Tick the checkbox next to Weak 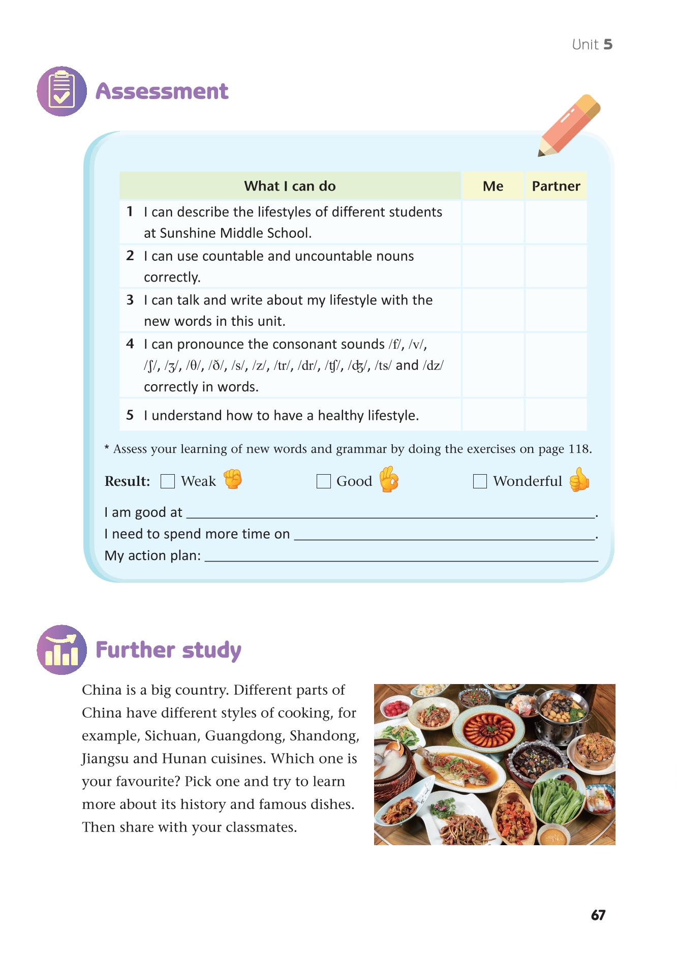(168, 481)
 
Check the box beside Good (323, 481)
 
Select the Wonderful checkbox (480, 481)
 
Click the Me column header (493, 186)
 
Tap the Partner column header (556, 186)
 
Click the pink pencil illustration (570, 125)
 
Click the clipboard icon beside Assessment (61, 91)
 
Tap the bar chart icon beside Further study (61, 650)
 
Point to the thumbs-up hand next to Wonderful (579, 480)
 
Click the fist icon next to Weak (233, 479)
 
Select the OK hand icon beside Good (389, 479)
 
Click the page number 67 (598, 915)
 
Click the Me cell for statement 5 (493, 415)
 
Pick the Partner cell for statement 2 (556, 266)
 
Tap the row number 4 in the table (130, 344)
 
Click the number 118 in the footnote (579, 449)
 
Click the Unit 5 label (592, 45)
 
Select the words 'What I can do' (290, 186)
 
